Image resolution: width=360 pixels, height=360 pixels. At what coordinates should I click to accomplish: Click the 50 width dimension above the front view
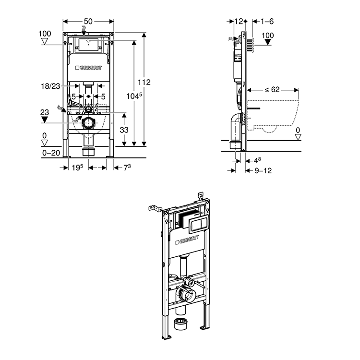tap(88, 22)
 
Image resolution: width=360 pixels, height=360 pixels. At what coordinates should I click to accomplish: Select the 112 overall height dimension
tap(144, 82)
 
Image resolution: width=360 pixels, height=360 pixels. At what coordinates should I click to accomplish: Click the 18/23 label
tap(51, 86)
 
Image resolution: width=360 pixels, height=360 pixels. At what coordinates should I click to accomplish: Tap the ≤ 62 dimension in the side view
tap(273, 89)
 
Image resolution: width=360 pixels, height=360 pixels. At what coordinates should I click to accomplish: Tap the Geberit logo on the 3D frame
tap(188, 239)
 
